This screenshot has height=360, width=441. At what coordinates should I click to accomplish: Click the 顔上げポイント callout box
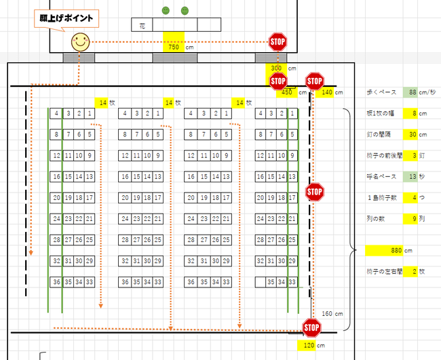[x=66, y=18]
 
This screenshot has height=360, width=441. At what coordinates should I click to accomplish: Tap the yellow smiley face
[x=81, y=42]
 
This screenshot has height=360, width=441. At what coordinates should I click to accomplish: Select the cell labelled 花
[x=142, y=25]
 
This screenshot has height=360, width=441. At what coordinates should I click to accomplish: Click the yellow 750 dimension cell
[x=173, y=47]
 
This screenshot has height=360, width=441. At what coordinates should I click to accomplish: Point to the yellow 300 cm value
[x=276, y=68]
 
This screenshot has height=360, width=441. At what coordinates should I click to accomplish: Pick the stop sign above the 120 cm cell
[x=311, y=329]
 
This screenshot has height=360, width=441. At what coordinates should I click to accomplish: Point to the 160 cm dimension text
[x=332, y=313]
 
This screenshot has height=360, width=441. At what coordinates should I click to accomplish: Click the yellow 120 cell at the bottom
[x=309, y=346]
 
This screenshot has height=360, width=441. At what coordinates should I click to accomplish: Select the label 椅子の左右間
[x=384, y=272]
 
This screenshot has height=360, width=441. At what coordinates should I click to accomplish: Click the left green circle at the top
[x=166, y=11]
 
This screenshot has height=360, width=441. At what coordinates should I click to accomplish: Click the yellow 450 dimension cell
[x=286, y=92]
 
